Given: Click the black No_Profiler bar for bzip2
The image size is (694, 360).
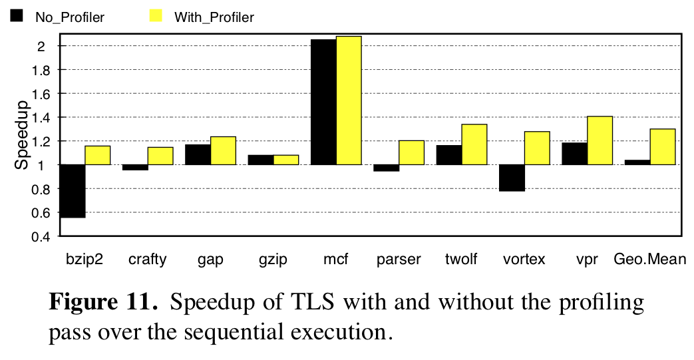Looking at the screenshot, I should (x=73, y=191).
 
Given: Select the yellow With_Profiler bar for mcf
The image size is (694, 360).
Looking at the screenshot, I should (x=349, y=100).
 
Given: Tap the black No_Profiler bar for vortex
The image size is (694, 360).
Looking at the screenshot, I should (x=512, y=178).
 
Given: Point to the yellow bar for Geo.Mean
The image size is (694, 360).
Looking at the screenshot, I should (x=663, y=147).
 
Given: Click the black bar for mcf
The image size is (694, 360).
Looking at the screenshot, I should (x=323, y=102).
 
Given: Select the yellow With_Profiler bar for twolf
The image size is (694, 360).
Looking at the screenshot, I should (x=474, y=144).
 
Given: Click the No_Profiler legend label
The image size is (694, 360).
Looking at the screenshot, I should (x=70, y=18).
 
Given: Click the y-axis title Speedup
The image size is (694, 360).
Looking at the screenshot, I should (x=22, y=134).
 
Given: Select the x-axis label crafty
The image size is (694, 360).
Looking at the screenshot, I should (x=148, y=259).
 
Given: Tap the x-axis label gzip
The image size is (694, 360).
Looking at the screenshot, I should (x=273, y=259).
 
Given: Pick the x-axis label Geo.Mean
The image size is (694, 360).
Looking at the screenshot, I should (x=649, y=259).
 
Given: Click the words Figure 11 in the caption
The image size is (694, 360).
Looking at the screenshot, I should (x=104, y=303).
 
